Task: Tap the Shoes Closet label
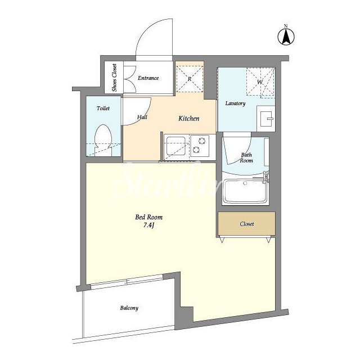point(114,78)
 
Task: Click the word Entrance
point(148,78)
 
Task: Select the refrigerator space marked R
point(190,79)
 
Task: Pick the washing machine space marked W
point(260,82)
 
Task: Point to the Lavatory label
point(235,103)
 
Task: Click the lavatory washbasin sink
point(266,119)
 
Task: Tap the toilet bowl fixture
point(103,140)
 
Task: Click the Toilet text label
point(103,108)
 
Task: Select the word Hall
point(142,117)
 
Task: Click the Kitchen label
point(189,119)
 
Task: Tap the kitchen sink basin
point(176,146)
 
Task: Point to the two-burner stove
point(200,146)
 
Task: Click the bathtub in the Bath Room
point(245,191)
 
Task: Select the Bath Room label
point(246,157)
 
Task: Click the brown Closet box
point(246,224)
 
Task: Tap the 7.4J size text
point(148,226)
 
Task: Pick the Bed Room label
point(148,217)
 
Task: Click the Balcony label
point(129,308)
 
